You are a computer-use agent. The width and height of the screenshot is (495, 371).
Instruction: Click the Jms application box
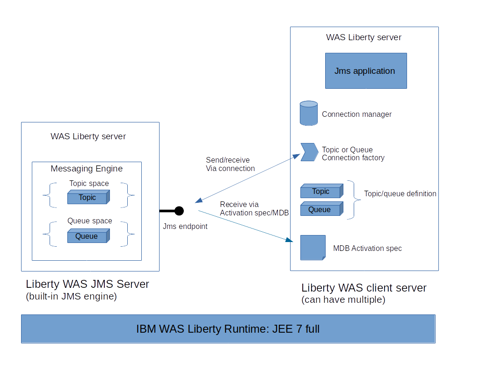[366, 71]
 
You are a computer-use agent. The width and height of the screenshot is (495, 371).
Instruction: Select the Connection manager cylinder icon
[309, 113]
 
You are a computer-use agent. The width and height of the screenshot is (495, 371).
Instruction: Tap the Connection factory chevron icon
[309, 152]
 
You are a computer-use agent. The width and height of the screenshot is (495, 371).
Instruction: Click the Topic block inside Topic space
[88, 198]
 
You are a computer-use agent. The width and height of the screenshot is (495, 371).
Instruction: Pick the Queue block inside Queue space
[88, 236]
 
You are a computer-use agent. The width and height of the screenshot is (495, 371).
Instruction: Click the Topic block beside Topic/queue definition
[321, 192]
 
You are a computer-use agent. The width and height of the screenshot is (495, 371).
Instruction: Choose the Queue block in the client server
[321, 210]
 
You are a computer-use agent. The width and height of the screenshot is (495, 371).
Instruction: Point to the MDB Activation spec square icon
[313, 248]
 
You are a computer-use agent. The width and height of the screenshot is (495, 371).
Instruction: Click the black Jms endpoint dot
[179, 211]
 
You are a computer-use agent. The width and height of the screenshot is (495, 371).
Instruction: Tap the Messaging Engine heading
[87, 169]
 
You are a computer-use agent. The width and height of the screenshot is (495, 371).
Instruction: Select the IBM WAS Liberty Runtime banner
[228, 329]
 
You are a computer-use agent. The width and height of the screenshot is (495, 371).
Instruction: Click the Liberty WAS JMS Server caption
[87, 284]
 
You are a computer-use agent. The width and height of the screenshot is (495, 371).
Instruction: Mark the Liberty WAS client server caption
[364, 288]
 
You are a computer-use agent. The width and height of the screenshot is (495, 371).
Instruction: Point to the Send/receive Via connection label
[230, 164]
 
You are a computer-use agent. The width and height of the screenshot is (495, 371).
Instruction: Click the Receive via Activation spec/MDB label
[254, 208]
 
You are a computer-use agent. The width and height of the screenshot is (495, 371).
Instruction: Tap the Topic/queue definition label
[400, 193]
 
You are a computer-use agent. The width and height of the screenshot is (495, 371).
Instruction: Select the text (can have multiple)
[343, 300]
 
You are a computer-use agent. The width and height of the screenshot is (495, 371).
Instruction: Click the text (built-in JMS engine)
[71, 296]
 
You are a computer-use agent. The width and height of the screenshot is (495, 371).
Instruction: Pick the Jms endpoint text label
[185, 226]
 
